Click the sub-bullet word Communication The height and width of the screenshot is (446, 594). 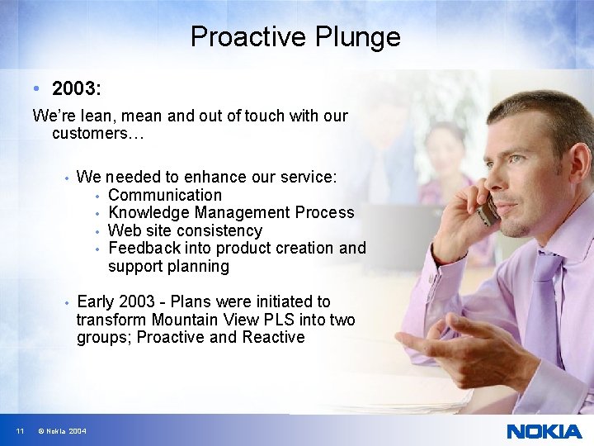(165, 195)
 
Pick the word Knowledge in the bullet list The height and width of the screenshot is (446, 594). (149, 213)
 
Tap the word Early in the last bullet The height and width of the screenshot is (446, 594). (96, 301)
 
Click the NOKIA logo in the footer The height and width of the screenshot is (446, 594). (543, 431)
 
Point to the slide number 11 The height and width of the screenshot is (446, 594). (19, 431)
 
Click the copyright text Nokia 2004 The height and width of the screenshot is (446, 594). (62, 431)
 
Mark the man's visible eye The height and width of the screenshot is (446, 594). (516, 158)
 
